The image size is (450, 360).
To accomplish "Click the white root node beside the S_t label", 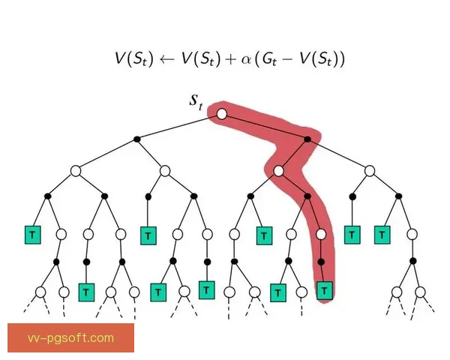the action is click(x=221, y=114).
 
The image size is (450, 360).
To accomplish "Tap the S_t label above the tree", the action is click(x=196, y=102).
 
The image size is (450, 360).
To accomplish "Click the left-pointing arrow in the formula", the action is click(x=167, y=59).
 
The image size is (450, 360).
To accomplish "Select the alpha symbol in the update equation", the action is click(x=246, y=59).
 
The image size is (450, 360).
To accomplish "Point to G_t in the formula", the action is click(x=269, y=58).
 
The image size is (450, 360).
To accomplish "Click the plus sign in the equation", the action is click(x=231, y=59).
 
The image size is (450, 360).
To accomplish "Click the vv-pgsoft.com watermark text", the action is click(x=70, y=338).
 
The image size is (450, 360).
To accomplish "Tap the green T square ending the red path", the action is click(x=325, y=290).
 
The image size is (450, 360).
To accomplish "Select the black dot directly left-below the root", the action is click(x=137, y=139).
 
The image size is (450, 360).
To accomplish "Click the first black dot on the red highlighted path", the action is click(x=307, y=139).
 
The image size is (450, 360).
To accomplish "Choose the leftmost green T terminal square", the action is click(x=33, y=235).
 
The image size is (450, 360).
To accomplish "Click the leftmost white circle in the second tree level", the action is click(x=76, y=171).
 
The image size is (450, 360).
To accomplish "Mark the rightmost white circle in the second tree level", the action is click(x=370, y=171).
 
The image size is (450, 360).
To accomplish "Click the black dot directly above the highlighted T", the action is click(x=321, y=262).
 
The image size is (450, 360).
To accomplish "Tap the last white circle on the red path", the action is click(x=321, y=235).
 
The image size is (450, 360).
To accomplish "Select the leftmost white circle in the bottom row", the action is click(x=40, y=292).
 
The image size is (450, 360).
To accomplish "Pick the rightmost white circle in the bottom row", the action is click(x=420, y=292).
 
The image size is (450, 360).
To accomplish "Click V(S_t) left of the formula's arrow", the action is click(x=134, y=59).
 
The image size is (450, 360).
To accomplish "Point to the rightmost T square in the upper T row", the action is click(x=382, y=235).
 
